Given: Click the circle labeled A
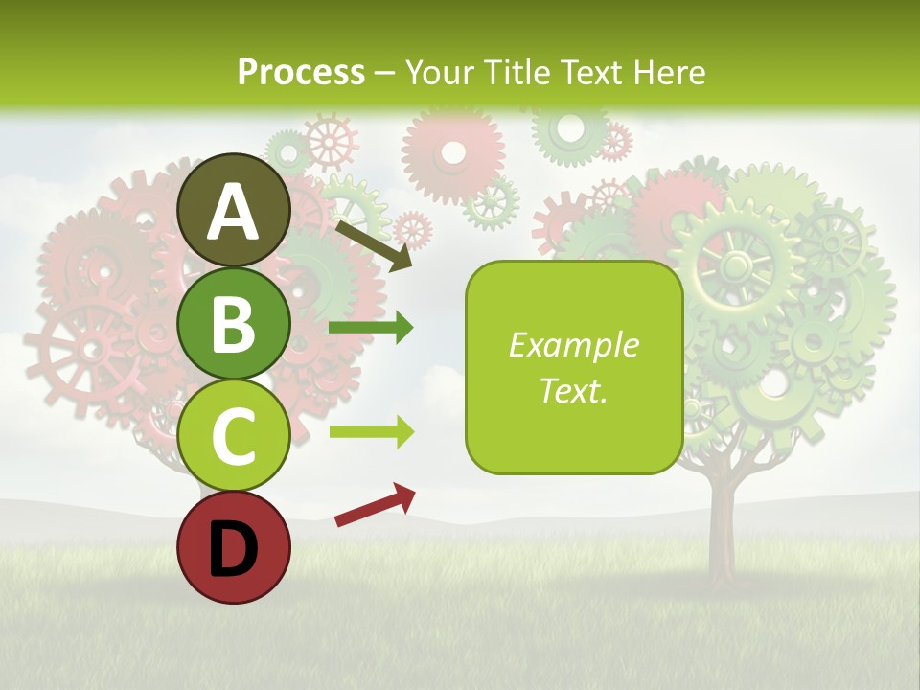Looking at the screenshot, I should (x=234, y=211).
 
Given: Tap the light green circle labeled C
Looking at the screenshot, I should (x=234, y=435).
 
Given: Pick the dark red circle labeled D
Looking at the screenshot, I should (x=234, y=547).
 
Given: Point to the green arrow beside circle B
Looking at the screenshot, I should (x=371, y=328).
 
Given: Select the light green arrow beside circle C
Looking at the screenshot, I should (x=371, y=432).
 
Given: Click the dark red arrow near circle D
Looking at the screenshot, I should (x=375, y=505).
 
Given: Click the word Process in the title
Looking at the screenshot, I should (x=301, y=72).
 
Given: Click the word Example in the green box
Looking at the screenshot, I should (x=573, y=345).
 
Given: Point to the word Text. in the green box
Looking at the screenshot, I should (x=573, y=390).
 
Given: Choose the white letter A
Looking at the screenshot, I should (x=234, y=212).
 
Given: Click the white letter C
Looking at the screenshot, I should (x=234, y=436).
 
